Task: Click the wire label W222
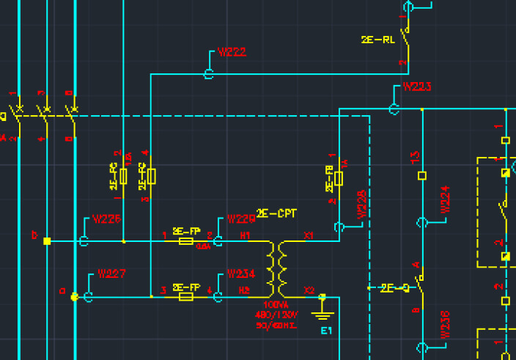pyautogui.click(x=232, y=53)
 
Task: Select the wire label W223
pyautogui.click(x=417, y=87)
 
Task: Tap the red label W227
pyautogui.click(x=111, y=274)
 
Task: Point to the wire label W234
pyautogui.click(x=241, y=274)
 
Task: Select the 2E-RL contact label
pyautogui.click(x=377, y=40)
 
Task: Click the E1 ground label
pyautogui.click(x=326, y=331)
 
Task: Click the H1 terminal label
pyautogui.click(x=244, y=235)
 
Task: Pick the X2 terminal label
pyautogui.click(x=310, y=290)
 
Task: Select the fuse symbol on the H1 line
pyautogui.click(x=186, y=240)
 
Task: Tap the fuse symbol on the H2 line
pyautogui.click(x=186, y=297)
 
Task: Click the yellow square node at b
pyautogui.click(x=47, y=240)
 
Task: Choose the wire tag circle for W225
pyautogui.click(x=84, y=240)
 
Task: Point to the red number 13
pyautogui.click(x=415, y=156)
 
